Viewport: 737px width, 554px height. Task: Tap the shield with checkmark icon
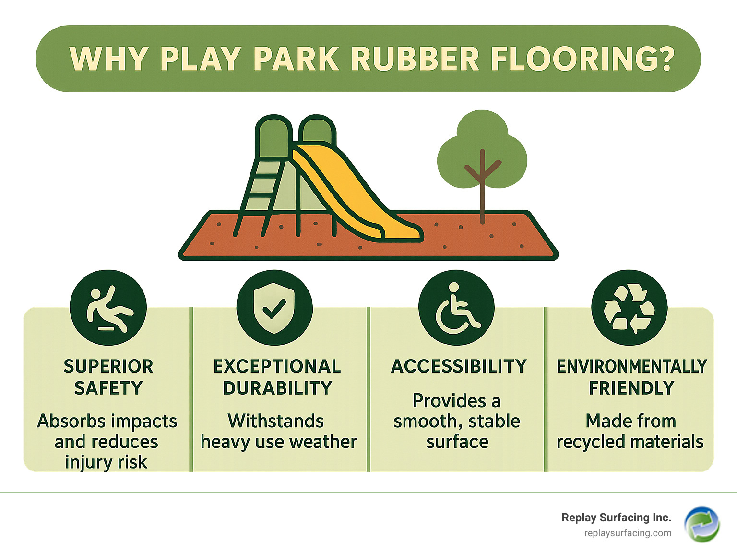pos(274,308)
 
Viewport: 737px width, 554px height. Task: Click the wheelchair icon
pos(457,308)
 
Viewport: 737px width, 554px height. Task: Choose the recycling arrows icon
pos(629,308)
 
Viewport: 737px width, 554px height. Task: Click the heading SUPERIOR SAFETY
pos(108,377)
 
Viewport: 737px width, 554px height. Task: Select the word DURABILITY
pos(277,388)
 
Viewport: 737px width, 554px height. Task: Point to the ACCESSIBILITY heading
pos(459,366)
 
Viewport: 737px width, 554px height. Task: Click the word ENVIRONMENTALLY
pos(632,366)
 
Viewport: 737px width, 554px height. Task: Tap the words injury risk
pos(106,462)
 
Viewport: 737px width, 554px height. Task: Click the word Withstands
pos(276,421)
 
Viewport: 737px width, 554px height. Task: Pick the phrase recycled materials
pos(630,442)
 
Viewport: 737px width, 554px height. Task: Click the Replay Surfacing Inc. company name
pos(617,518)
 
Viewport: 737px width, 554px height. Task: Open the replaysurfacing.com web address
pos(628,533)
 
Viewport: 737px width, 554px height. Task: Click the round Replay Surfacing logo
pos(702,525)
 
